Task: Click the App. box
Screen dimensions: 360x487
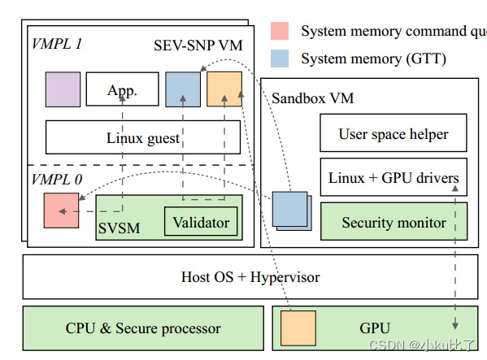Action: (x=122, y=89)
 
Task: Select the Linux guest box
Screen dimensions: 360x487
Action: (x=142, y=137)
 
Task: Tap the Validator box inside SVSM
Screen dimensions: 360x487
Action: (x=201, y=222)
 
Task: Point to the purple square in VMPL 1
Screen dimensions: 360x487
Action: (x=63, y=89)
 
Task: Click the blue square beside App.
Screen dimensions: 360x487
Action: (x=183, y=89)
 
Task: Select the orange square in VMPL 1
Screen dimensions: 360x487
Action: (x=224, y=89)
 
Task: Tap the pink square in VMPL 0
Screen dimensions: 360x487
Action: (x=62, y=211)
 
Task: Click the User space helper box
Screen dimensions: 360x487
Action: (x=394, y=134)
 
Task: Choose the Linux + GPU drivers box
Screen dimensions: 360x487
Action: (x=394, y=178)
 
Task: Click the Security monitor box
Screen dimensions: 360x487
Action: (x=394, y=222)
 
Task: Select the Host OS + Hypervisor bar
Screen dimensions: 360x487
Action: (x=250, y=277)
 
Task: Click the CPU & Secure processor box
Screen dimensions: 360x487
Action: (x=142, y=328)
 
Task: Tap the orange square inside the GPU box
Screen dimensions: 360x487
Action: (x=298, y=328)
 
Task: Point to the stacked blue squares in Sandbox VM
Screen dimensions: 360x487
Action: (x=290, y=210)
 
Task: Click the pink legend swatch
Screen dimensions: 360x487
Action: (x=279, y=32)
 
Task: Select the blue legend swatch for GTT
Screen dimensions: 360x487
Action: (x=279, y=59)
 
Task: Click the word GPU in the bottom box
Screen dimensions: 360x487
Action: (x=376, y=328)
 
